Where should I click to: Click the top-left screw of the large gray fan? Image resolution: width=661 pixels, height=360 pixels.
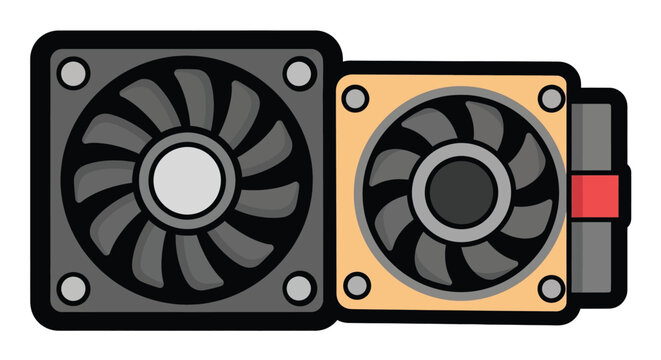coord(72,73)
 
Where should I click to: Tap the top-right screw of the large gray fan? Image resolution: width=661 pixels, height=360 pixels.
coord(297,72)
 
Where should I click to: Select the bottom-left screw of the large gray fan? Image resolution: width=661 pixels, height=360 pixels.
coord(72,289)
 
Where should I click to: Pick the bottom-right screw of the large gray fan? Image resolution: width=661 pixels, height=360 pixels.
coord(297,289)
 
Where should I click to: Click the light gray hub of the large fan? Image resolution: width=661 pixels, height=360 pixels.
coord(185,181)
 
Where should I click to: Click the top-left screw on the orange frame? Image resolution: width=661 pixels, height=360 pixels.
coord(354,98)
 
